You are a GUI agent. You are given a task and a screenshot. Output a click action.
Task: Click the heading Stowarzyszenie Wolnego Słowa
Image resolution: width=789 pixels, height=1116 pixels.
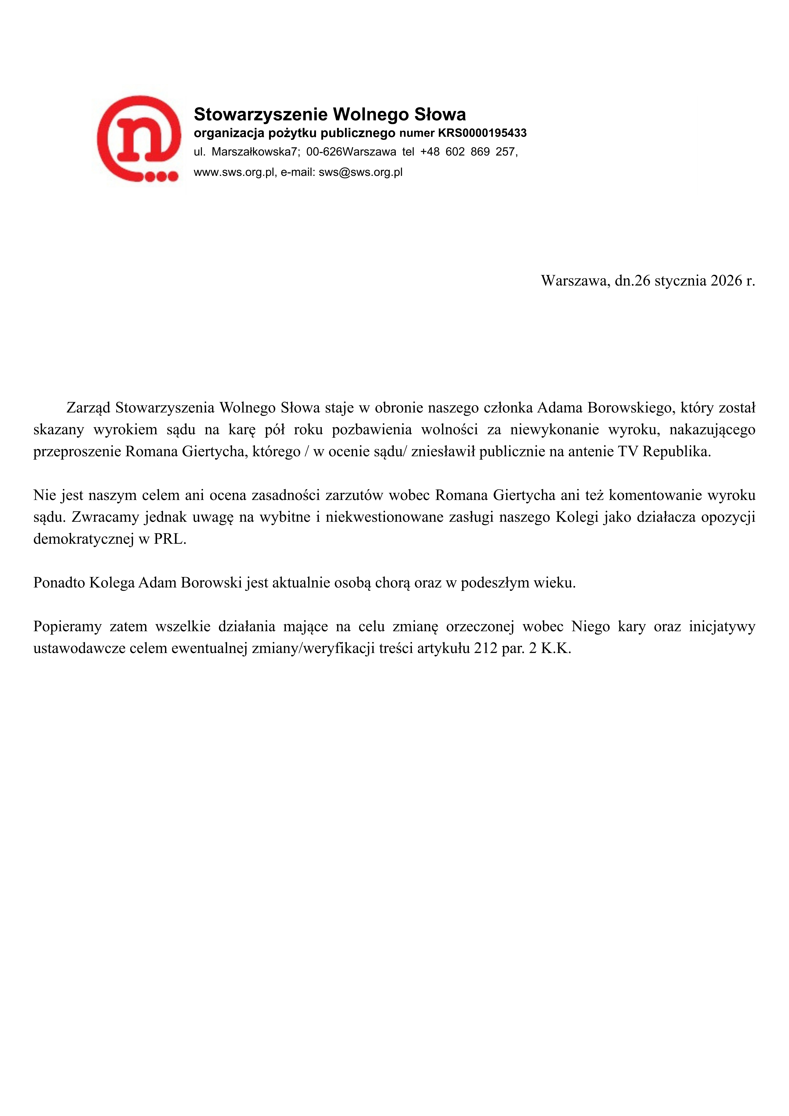(x=330, y=115)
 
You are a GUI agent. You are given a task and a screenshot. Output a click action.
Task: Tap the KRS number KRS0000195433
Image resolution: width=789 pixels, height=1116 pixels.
(x=482, y=133)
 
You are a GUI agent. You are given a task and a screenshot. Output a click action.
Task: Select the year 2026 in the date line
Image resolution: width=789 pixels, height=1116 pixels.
(x=726, y=281)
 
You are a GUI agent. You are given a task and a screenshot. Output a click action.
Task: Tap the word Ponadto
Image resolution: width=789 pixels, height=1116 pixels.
(x=59, y=583)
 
